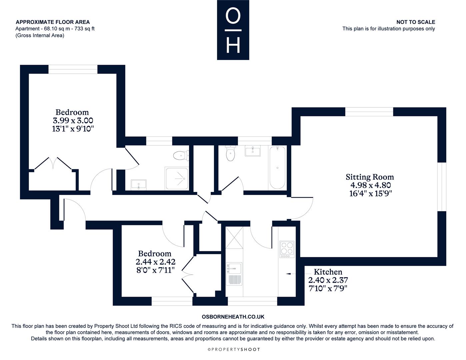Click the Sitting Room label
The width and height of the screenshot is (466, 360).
(x=370, y=177)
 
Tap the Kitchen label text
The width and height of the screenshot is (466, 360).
(x=328, y=272)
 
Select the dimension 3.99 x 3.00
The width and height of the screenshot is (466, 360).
(x=73, y=121)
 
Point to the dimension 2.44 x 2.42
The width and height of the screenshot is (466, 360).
(x=155, y=262)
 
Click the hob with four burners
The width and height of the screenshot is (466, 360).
(x=287, y=249)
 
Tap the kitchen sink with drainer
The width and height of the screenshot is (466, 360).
(x=234, y=274)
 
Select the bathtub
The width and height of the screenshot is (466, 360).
(x=277, y=167)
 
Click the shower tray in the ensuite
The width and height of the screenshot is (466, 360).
(x=177, y=179)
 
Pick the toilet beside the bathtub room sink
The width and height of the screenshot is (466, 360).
(x=230, y=153)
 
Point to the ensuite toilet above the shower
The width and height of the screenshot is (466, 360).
(x=181, y=155)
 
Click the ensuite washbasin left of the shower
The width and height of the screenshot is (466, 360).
(x=139, y=185)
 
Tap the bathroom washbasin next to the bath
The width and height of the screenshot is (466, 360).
(x=253, y=151)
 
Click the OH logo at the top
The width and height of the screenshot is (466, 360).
(x=233, y=30)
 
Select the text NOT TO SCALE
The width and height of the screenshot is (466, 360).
(x=416, y=22)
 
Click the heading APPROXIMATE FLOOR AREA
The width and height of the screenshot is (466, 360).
(x=53, y=22)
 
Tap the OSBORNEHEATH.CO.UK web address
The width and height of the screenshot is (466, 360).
(x=233, y=317)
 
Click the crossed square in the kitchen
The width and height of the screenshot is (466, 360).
(x=234, y=238)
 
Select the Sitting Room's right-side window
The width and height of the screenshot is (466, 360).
(x=442, y=187)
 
